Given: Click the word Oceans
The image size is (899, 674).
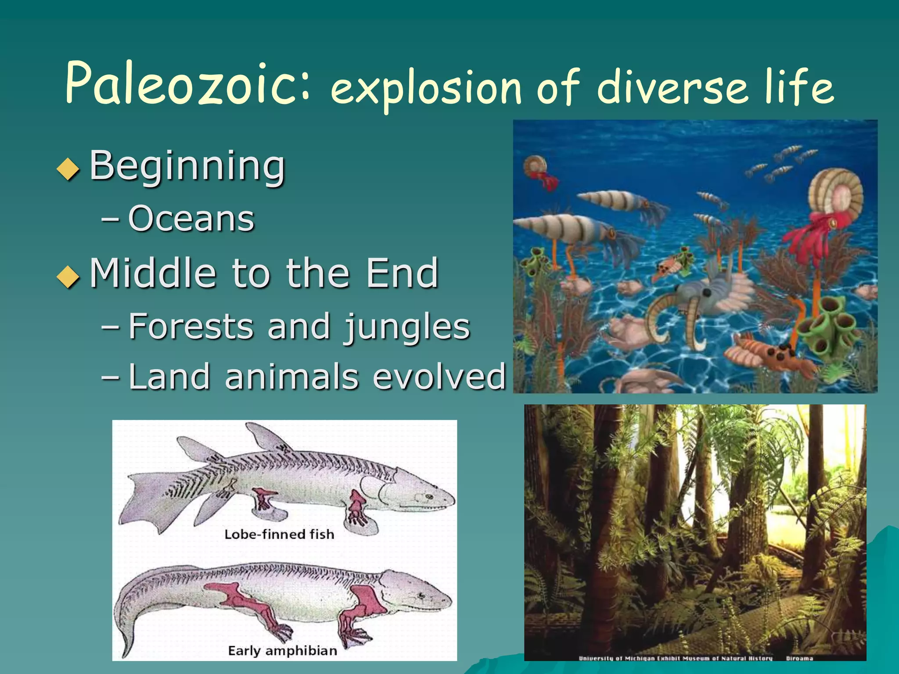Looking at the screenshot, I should click(x=191, y=218).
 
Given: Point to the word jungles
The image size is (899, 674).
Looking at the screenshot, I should click(x=406, y=327).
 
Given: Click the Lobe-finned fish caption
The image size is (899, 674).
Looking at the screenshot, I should click(x=279, y=534).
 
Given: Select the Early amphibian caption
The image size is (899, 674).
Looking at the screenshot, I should click(x=282, y=650).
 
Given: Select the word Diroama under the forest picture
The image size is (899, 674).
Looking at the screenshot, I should click(x=799, y=658).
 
